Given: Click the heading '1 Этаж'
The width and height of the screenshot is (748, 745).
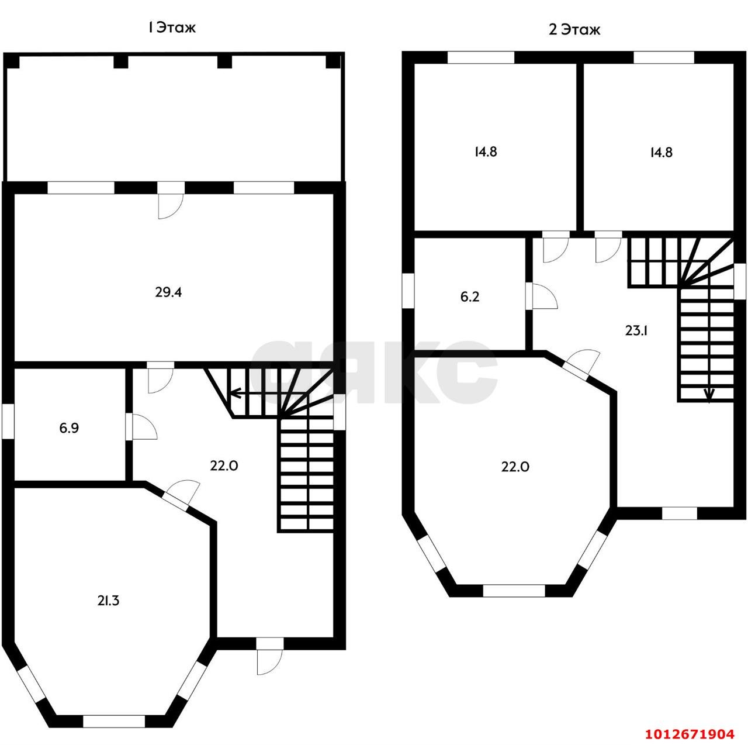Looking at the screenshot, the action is [x=171, y=28].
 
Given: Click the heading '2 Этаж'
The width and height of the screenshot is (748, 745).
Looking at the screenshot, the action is [x=574, y=30].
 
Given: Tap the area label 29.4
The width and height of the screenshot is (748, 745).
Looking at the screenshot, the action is [x=168, y=292].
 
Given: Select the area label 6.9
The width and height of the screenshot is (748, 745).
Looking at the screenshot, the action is [x=69, y=428].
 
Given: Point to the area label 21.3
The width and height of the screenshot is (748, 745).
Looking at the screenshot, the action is [x=108, y=601].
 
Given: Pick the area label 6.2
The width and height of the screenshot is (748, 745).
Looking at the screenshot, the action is [x=470, y=296].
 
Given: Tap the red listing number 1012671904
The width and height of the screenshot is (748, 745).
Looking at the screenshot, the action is [x=690, y=733].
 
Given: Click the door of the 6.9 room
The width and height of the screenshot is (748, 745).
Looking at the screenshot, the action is [x=141, y=426].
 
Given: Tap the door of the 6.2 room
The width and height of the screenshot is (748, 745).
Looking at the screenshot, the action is [x=542, y=296].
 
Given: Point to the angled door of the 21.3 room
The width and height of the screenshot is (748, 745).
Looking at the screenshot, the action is [x=182, y=492].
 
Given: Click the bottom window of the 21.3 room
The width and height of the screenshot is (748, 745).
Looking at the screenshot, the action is [x=114, y=721].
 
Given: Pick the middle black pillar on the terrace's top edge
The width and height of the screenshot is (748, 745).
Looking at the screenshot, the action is [x=224, y=62].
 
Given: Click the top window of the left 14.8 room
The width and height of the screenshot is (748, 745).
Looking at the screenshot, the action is [x=482, y=57].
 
